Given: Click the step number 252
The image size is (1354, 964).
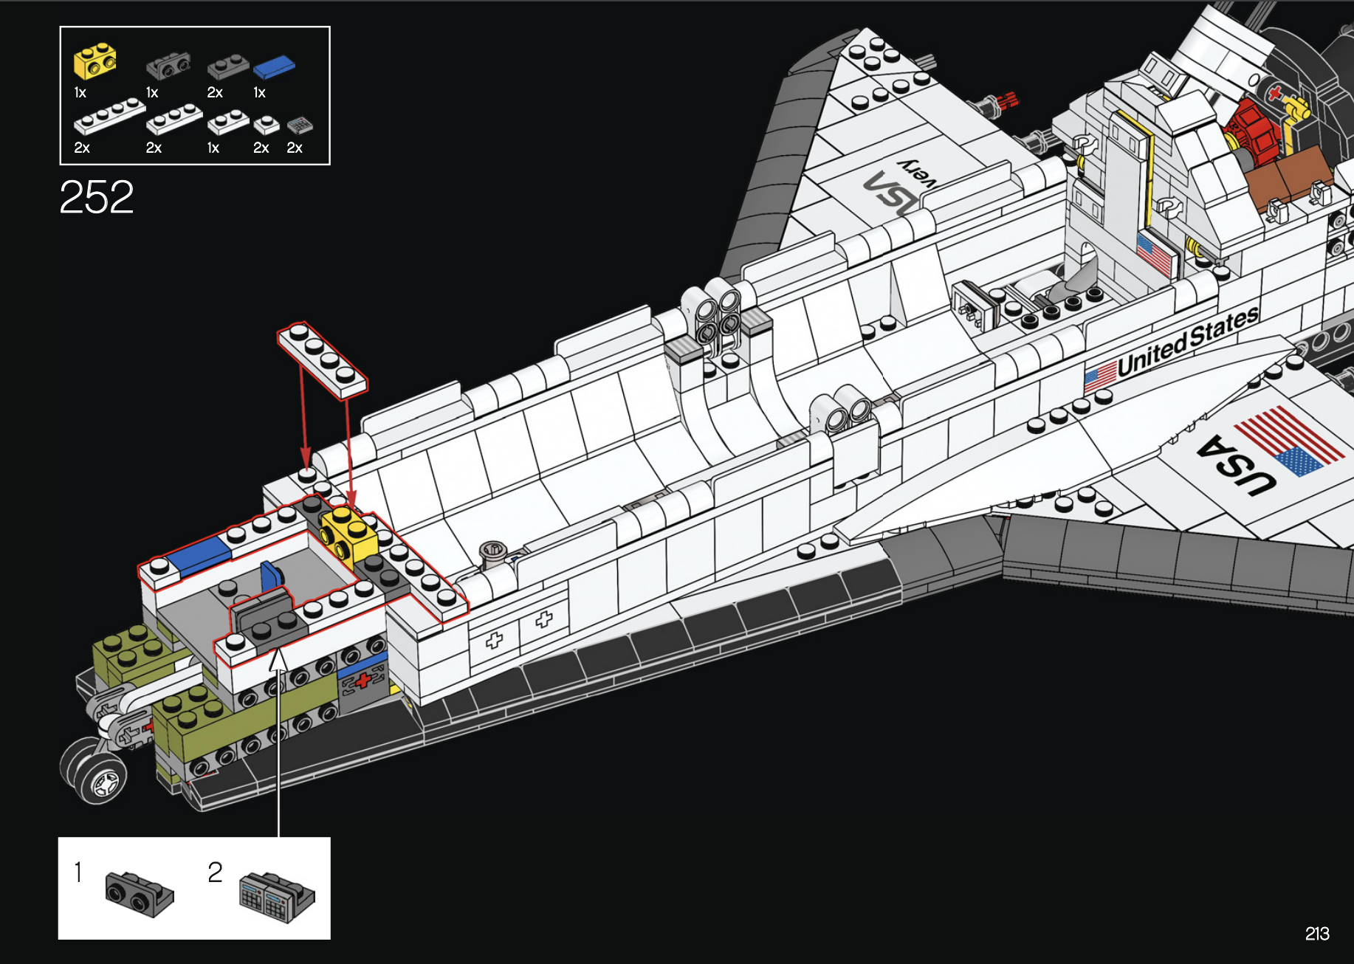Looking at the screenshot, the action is tap(97, 197).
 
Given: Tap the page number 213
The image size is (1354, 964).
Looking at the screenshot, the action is tap(1317, 934).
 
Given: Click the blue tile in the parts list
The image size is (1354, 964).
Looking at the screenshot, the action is tap(274, 66).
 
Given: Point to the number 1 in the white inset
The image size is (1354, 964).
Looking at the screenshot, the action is tap(78, 872).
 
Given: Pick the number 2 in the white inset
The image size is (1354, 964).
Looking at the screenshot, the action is tap(215, 872).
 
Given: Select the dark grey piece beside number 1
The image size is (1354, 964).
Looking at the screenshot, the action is tap(139, 893).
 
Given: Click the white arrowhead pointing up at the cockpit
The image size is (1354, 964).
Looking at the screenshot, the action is tap(278, 660).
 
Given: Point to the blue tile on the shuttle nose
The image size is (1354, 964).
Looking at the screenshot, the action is tap(200, 554).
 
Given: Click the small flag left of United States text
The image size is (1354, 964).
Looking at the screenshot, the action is tap(1100, 376).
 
